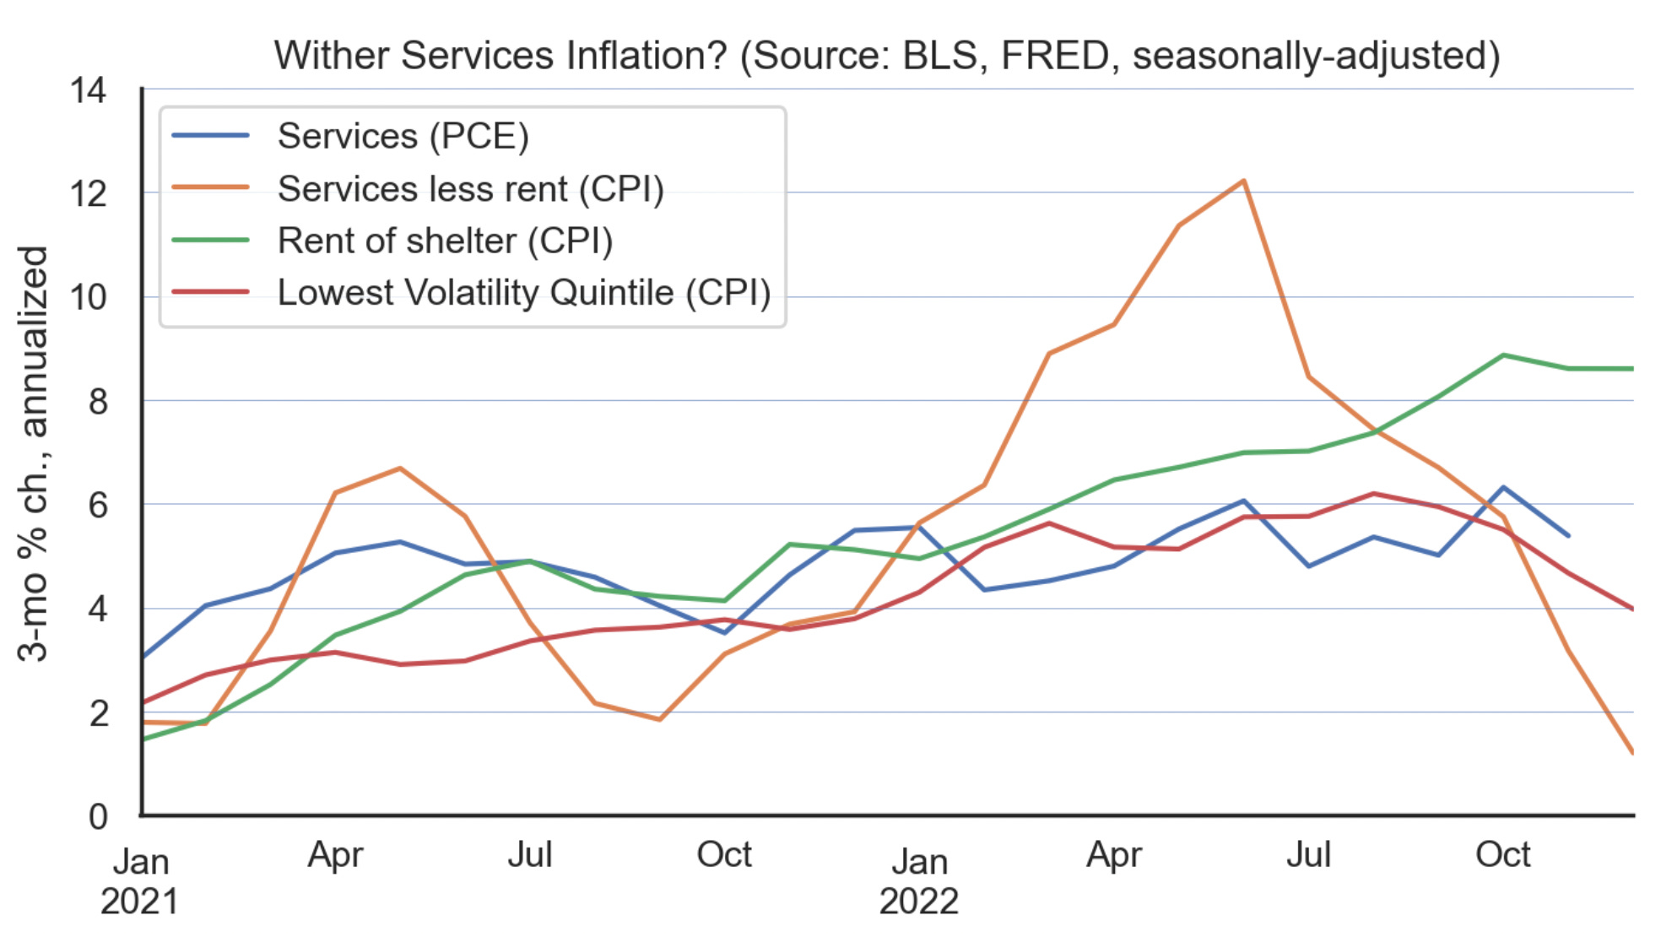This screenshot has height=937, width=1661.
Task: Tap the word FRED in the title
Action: pyautogui.click(x=1054, y=56)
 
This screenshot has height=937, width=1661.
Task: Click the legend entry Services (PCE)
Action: pyautogui.click(x=403, y=136)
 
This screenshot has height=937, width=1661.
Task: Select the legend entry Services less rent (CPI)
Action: pyautogui.click(x=470, y=189)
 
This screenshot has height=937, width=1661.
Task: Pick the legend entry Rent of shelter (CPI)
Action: pyautogui.click(x=445, y=241)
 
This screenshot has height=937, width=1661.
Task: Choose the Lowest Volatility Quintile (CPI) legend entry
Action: pyautogui.click(x=523, y=293)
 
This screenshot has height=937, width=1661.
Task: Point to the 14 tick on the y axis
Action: pyautogui.click(x=89, y=90)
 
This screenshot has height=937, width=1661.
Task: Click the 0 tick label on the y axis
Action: pyautogui.click(x=98, y=816)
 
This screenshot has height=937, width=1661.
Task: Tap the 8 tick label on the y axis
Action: pyautogui.click(x=98, y=402)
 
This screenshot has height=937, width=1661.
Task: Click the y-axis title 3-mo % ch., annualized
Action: pyautogui.click(x=34, y=453)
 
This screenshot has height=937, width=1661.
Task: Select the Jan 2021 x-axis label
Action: pyautogui.click(x=140, y=881)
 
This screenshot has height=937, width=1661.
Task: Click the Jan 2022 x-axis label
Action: pyautogui.click(x=919, y=881)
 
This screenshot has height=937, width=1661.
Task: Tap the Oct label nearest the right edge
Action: pyautogui.click(x=1502, y=855)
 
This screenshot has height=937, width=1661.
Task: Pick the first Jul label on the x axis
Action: pyautogui.click(x=530, y=855)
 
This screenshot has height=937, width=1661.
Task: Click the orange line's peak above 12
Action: pyautogui.click(x=1243, y=181)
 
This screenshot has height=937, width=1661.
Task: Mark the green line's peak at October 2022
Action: pyautogui.click(x=1503, y=355)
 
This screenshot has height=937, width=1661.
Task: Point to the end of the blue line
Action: pyautogui.click(x=1568, y=535)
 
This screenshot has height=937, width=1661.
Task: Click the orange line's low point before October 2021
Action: pyautogui.click(x=659, y=719)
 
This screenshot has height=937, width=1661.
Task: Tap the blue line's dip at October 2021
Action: pyautogui.click(x=724, y=632)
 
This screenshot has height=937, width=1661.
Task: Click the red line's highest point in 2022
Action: pyautogui.click(x=1374, y=494)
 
